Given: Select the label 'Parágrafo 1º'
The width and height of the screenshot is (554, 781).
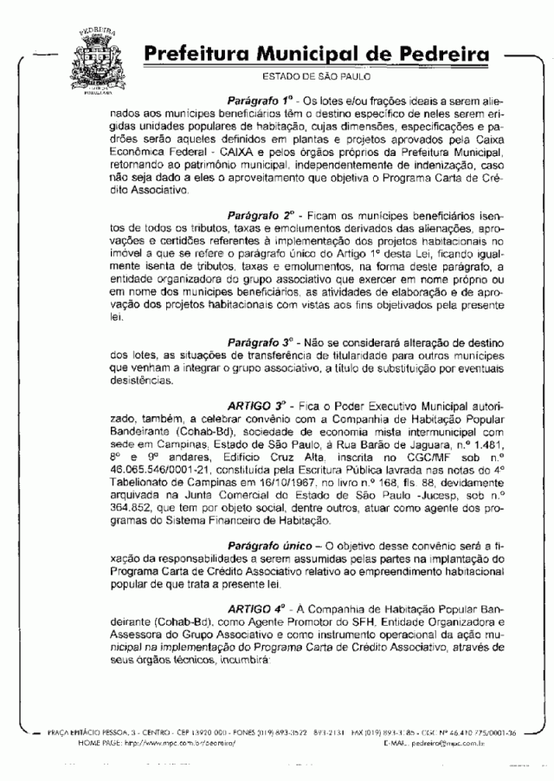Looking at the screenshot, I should [x=261, y=101].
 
